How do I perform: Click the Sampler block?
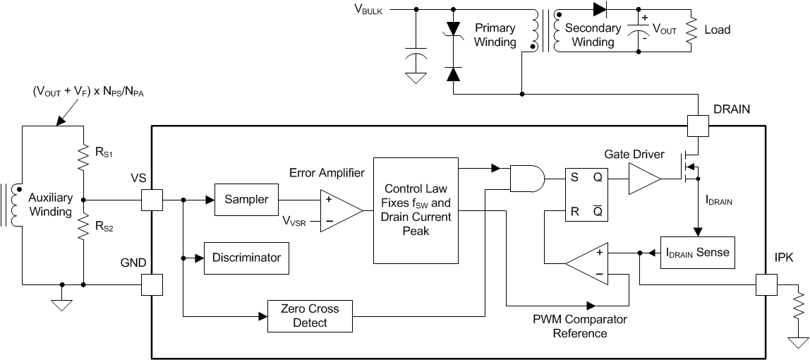tap(246, 200)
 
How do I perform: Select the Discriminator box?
tap(246, 258)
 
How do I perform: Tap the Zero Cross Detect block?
tap(310, 316)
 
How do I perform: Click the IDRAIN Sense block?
tap(697, 252)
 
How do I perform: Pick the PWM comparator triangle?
tap(589, 263)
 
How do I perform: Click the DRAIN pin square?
tap(697, 127)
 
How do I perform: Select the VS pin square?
tap(152, 200)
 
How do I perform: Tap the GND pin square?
tap(152, 284)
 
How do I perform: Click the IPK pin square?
tap(766, 285)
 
